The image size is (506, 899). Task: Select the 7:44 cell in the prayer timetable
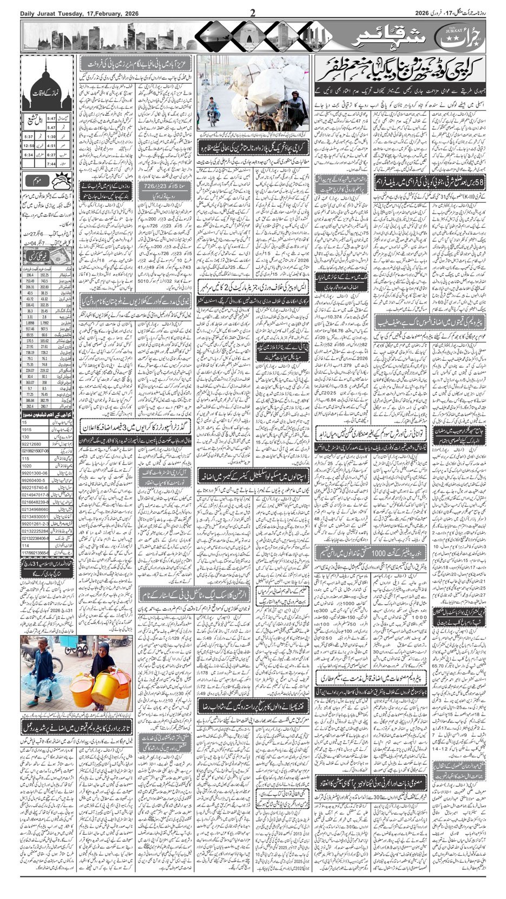(x=51, y=163)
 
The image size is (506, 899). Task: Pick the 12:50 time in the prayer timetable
(x=29, y=145)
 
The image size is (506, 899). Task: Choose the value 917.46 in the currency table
(x=29, y=328)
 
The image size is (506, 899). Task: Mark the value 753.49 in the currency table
(x=29, y=281)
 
